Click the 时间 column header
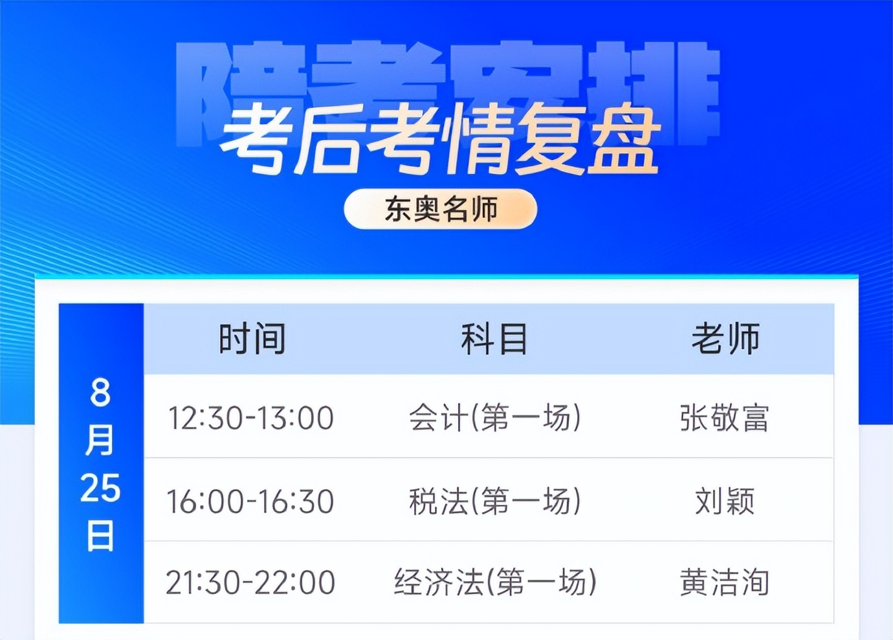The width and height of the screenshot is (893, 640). point(252,339)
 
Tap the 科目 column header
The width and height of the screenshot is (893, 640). point(494,339)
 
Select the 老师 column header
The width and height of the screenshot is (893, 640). point(725,339)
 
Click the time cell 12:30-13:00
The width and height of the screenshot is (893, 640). point(251,418)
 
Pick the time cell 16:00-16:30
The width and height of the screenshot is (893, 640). point(250,501)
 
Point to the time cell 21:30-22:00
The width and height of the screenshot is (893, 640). point(250,582)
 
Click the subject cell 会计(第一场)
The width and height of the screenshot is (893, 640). point(494,418)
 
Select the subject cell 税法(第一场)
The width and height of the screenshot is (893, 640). point(494,501)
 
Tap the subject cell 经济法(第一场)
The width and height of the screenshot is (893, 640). point(494,582)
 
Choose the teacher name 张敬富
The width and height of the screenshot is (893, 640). point(724,418)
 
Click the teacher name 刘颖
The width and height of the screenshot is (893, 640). point(725,501)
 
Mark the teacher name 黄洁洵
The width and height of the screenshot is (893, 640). point(724,582)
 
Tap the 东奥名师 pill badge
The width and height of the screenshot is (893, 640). point(441,209)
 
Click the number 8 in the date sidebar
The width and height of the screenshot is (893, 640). point(100,392)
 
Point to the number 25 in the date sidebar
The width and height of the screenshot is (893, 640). point(100,488)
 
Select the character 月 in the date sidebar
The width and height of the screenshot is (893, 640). point(100,440)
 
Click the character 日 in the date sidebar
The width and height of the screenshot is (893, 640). point(100,536)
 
